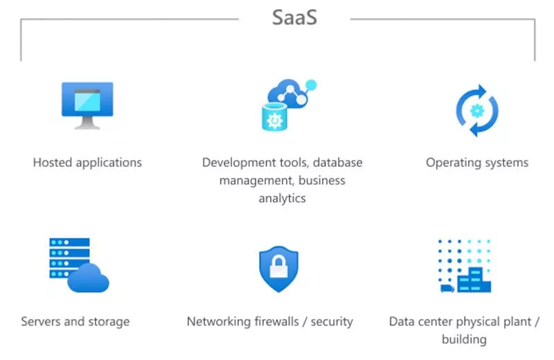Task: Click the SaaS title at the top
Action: [x=294, y=17]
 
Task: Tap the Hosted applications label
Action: [x=87, y=163]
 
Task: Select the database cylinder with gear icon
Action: [x=274, y=118]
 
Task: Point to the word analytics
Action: [x=283, y=199]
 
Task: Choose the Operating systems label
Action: [x=477, y=163]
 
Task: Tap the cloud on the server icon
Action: [x=89, y=278]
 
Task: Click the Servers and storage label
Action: [x=75, y=321]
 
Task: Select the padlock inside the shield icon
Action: [x=278, y=267]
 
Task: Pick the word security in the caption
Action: [x=332, y=321]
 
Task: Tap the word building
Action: [x=464, y=339]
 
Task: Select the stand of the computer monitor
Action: [x=87, y=123]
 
